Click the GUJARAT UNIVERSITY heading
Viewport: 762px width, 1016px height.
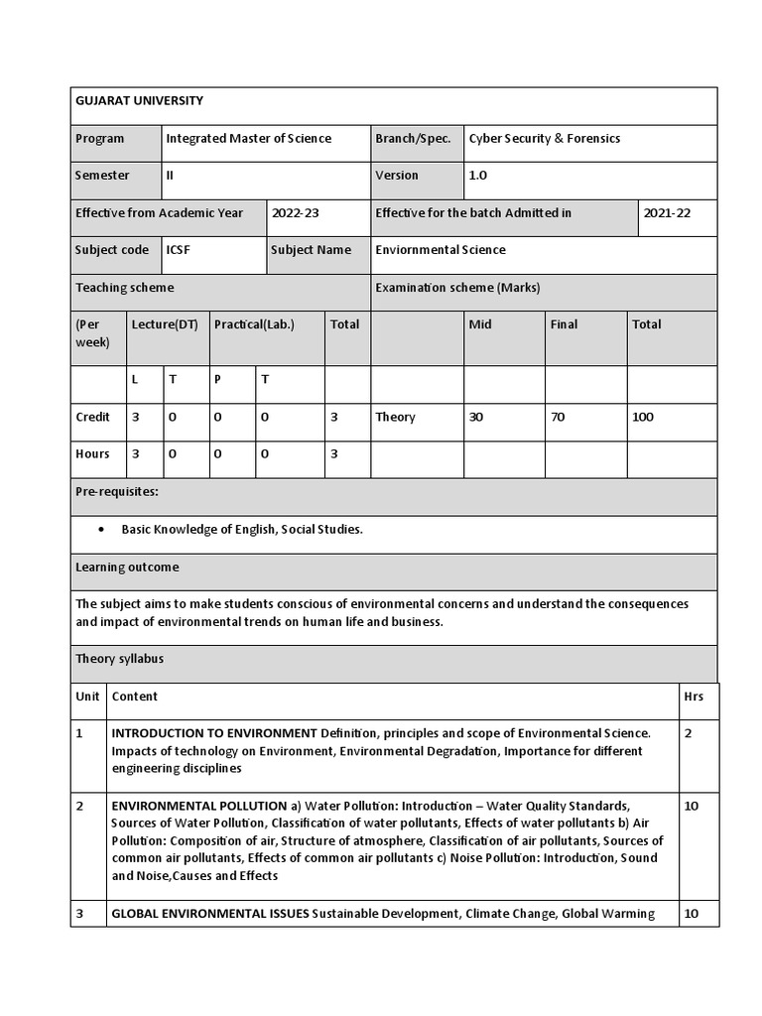(139, 100)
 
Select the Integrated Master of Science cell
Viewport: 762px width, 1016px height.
(248, 139)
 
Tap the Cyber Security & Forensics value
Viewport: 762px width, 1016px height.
(544, 139)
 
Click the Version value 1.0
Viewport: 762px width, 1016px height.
(478, 176)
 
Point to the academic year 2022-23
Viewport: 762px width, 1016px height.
(296, 213)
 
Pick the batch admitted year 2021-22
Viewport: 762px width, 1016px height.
(667, 213)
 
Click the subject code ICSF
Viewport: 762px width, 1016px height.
(179, 250)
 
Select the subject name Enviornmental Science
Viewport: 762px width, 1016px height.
(440, 250)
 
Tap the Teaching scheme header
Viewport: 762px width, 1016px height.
(124, 288)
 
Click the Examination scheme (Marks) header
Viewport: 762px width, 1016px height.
(457, 288)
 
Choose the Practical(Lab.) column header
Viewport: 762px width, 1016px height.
(254, 324)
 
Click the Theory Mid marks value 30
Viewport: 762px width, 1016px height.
(476, 418)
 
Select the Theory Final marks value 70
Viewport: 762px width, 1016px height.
(558, 418)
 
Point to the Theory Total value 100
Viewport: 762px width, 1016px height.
(643, 418)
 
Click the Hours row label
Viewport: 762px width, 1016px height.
(92, 454)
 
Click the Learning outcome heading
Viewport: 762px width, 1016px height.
(127, 568)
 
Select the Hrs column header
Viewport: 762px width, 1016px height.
(694, 697)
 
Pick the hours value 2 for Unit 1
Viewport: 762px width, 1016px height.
(689, 733)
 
